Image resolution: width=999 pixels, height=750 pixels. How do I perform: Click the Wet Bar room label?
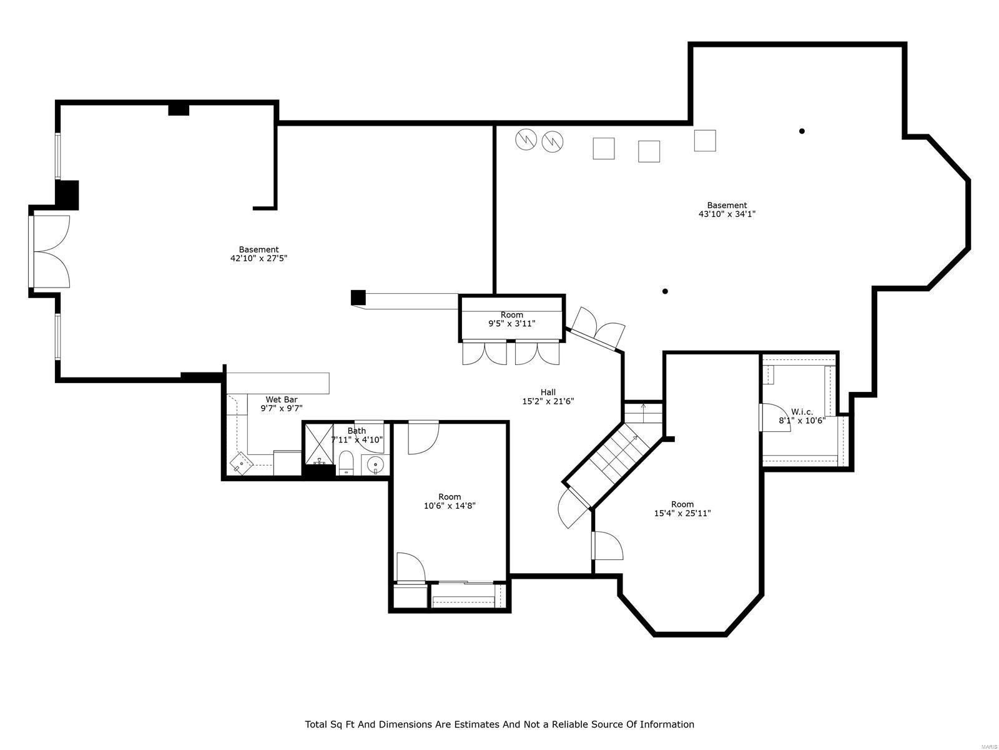[282, 399]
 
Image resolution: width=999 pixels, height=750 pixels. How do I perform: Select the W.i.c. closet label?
[802, 412]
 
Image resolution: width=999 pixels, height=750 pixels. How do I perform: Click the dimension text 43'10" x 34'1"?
[727, 214]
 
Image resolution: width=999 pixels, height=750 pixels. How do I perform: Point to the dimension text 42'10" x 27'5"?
[258, 257]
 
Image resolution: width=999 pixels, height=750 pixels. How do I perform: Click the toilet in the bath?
[347, 463]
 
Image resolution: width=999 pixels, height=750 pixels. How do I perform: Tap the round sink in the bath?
[375, 464]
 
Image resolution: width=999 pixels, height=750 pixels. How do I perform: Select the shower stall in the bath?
[319, 443]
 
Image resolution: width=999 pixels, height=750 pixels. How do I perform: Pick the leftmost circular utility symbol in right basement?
[526, 140]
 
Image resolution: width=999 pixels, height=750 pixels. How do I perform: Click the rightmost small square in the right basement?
[705, 141]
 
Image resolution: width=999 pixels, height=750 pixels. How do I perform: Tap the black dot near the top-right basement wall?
[802, 131]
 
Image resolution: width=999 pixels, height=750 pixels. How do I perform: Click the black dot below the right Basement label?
[665, 291]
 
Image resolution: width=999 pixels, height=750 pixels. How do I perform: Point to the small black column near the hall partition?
[358, 297]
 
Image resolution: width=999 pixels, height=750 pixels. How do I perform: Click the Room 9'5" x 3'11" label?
[511, 319]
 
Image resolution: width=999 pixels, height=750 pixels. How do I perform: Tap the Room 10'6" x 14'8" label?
[450, 501]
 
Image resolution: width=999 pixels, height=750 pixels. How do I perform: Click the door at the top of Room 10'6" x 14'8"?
[424, 437]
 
